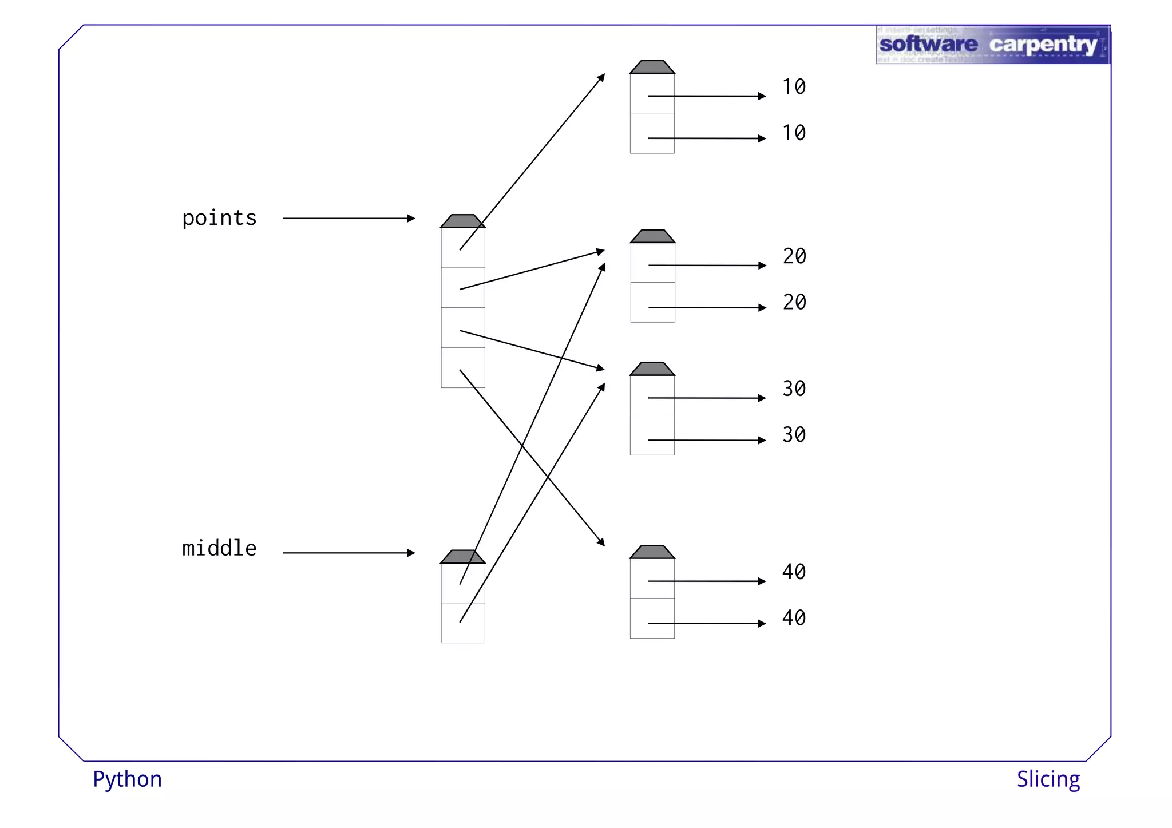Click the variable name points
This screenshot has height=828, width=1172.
tap(219, 218)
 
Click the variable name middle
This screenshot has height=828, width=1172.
tap(219, 548)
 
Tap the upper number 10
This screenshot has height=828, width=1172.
tap(794, 87)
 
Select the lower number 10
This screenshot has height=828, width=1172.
tap(794, 133)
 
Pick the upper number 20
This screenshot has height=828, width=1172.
tap(794, 256)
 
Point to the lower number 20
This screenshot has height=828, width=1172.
tap(794, 302)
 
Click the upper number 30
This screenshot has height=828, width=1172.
tap(794, 389)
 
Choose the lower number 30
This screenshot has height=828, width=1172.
tap(794, 435)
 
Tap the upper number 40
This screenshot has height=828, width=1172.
tap(794, 572)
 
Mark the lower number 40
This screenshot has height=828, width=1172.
tap(794, 618)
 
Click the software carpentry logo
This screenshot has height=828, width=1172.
tap(992, 45)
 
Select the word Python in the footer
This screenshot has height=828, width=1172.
tap(127, 779)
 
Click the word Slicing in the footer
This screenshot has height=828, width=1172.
tap(1048, 779)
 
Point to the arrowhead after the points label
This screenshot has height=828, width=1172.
tap(411, 218)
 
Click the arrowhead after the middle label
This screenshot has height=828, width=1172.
tap(411, 553)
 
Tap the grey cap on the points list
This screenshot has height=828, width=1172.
tap(462, 221)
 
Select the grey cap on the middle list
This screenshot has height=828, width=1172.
tap(462, 557)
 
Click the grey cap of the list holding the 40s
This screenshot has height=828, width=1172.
tap(652, 552)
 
